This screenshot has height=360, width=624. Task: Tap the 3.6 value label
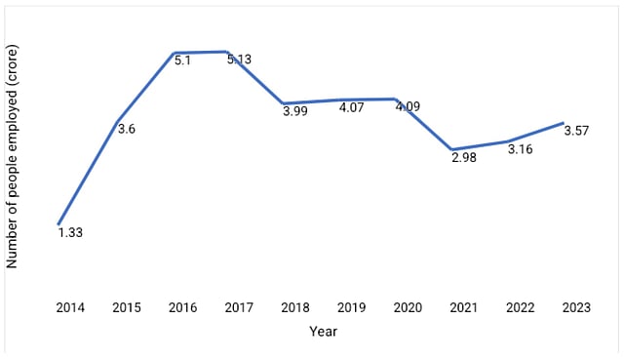pos(125,129)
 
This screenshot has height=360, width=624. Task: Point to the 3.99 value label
pos(294,112)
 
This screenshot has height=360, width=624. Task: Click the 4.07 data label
pos(351,108)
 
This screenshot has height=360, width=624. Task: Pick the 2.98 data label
pos(464,159)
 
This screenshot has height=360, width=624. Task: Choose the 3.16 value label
pos(520,151)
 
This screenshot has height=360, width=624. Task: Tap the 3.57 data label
pos(575,133)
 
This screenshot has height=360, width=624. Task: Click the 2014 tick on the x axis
pos(70,307)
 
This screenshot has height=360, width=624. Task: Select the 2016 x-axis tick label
pos(182,307)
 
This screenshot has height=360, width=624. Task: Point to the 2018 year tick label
pos(295,307)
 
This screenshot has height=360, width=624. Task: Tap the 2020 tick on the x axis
pos(408,307)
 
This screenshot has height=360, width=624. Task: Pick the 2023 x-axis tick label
pos(576,307)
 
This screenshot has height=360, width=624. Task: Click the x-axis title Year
pos(323,332)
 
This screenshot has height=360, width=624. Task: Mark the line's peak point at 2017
pos(226,51)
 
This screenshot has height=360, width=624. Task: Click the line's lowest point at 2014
pos(58,224)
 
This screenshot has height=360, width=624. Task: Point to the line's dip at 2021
pos(452,149)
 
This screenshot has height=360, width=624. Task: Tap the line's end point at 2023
pos(565,123)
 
